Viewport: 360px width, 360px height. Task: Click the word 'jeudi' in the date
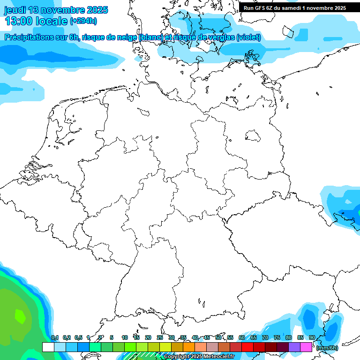15,10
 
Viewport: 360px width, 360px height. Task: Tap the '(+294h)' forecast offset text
83,21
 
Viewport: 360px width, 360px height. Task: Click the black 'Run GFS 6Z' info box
294,7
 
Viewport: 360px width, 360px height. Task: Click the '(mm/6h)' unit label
327,347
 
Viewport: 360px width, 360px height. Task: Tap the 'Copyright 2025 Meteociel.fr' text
199,356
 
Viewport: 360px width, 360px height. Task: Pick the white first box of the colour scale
48,347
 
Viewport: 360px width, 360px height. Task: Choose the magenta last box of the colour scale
306,347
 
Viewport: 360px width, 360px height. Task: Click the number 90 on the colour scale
312,337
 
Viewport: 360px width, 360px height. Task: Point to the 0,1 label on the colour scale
55,337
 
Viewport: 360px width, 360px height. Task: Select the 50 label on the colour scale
218,337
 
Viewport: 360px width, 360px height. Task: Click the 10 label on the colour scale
125,337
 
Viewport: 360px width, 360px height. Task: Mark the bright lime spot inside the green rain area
20,315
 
